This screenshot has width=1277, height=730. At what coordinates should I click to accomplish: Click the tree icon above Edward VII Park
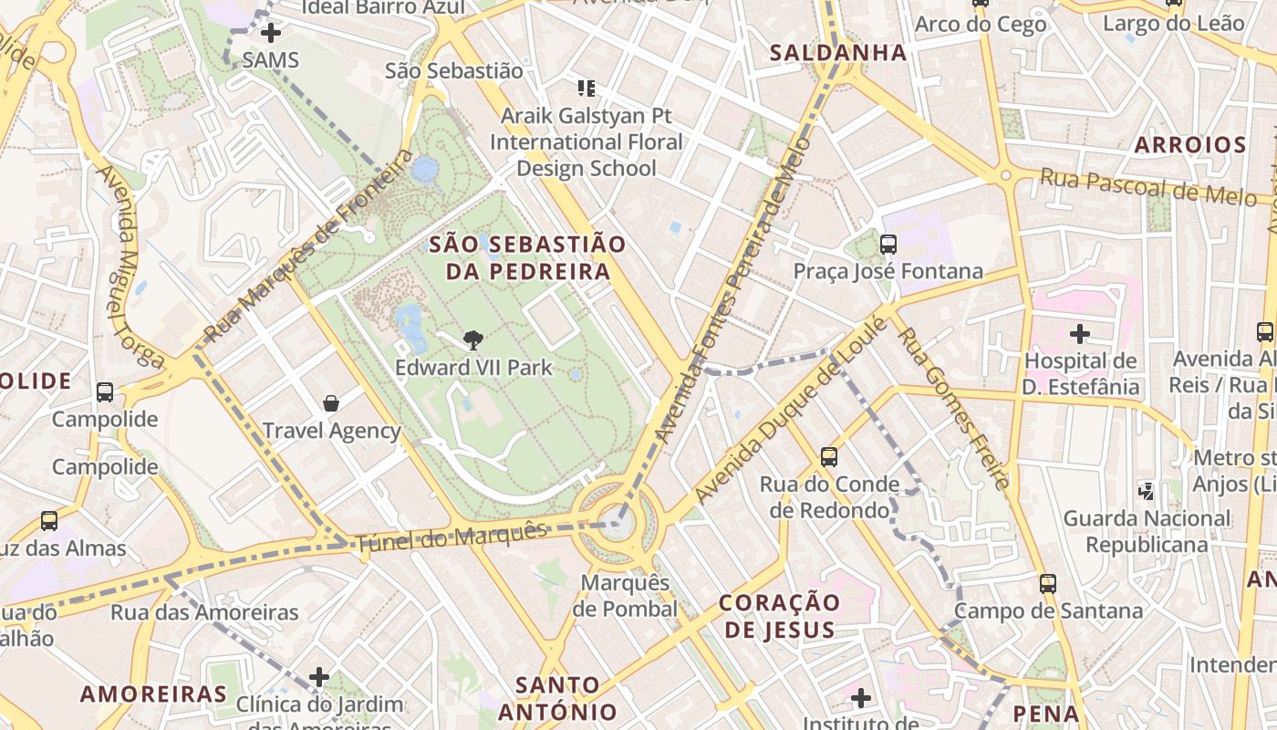[x=472, y=340]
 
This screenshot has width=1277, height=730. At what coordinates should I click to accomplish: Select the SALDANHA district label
[x=838, y=53]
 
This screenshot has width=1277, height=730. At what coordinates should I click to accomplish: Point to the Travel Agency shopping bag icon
[x=331, y=403]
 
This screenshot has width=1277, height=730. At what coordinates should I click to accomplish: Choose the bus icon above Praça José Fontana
[x=888, y=245]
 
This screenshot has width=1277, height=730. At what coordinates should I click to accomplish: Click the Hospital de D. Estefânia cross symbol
[x=1080, y=334]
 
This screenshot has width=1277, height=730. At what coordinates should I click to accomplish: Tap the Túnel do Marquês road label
[x=452, y=537]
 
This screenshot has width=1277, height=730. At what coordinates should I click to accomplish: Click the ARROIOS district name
[x=1190, y=145]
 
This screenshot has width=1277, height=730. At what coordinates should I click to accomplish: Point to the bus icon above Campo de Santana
[x=1047, y=583]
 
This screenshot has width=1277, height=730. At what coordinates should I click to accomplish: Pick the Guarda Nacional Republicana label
[x=1147, y=531]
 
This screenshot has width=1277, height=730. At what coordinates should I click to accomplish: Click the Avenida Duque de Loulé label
[x=790, y=410]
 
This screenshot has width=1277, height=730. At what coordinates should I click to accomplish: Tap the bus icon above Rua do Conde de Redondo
[x=828, y=457]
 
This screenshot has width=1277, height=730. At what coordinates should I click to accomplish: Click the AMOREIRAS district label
[x=153, y=693]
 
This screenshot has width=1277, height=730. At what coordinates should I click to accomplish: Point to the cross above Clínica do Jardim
[x=318, y=677]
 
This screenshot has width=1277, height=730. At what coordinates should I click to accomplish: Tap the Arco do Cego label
[x=981, y=25]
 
